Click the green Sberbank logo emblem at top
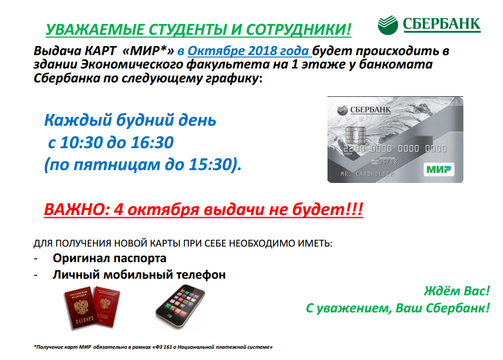(387, 25)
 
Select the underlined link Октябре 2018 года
(248, 51)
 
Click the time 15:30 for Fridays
(210, 164)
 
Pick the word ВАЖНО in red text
(75, 210)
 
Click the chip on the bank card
(355, 135)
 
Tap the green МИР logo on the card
(439, 169)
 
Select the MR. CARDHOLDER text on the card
(367, 174)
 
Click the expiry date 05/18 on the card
(388, 162)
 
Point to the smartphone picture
(180, 306)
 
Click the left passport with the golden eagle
(79, 308)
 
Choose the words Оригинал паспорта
(109, 258)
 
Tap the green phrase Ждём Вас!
(457, 291)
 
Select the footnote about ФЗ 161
(153, 347)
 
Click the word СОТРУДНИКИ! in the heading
(299, 29)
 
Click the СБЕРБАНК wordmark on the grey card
(370, 110)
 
